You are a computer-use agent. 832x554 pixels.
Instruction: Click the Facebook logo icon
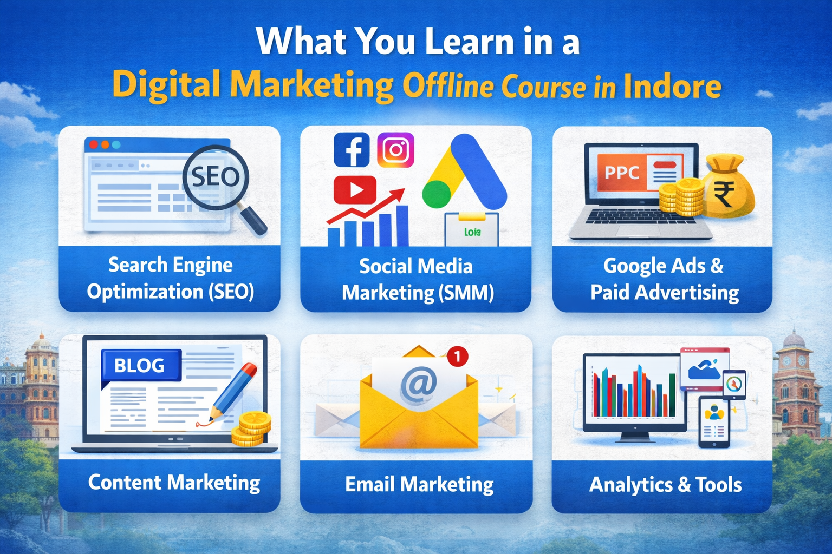pyautogui.click(x=352, y=149)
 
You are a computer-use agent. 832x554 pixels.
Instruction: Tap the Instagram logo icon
pyautogui.click(x=395, y=149)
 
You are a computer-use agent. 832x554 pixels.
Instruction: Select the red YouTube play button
pyautogui.click(x=355, y=189)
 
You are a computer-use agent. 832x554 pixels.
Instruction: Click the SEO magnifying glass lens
pyautogui.click(x=216, y=177)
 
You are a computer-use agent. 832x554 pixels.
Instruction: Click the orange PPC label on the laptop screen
pyautogui.click(x=621, y=172)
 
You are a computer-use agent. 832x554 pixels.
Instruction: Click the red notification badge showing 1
pyautogui.click(x=458, y=356)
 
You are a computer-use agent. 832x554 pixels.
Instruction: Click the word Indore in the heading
pyautogui.click(x=672, y=87)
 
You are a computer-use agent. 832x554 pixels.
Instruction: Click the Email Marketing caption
pyautogui.click(x=419, y=485)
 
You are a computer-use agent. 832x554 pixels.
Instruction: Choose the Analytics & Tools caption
pyautogui.click(x=665, y=485)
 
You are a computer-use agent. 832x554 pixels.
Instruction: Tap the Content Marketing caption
pyautogui.click(x=174, y=483)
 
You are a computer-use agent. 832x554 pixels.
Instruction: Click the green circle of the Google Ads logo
pyautogui.click(x=437, y=194)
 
